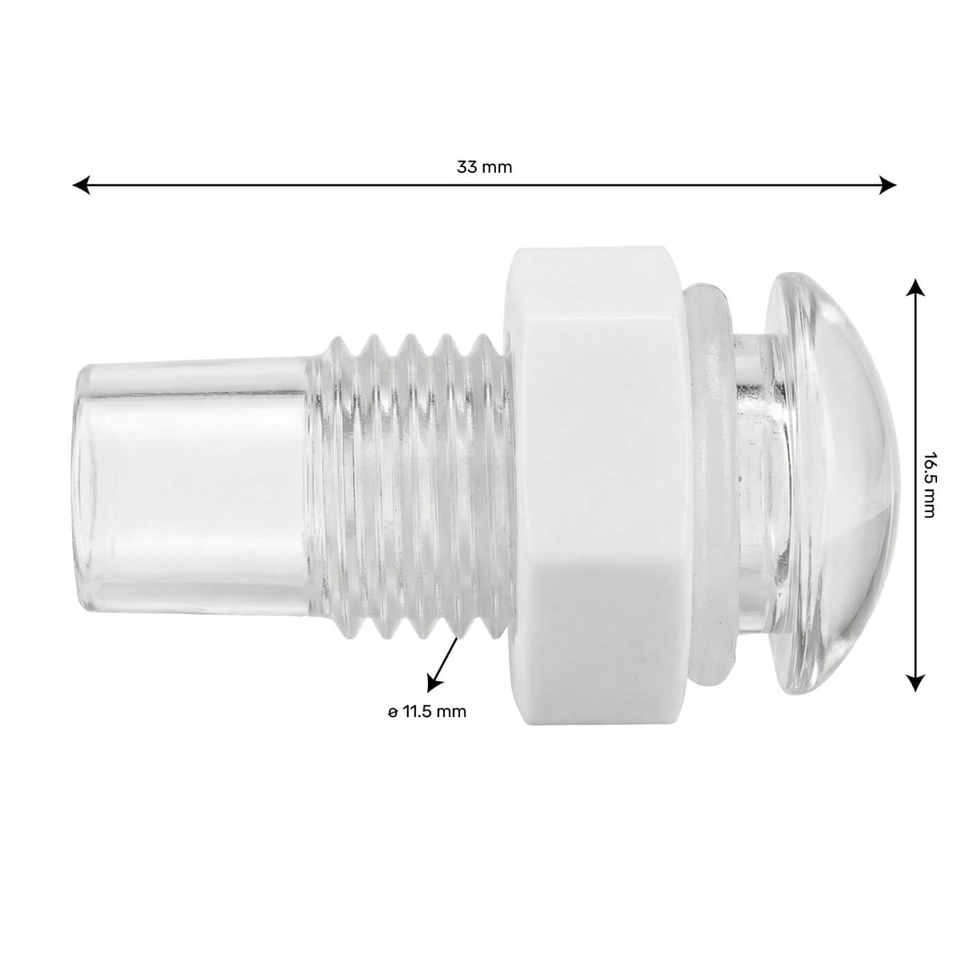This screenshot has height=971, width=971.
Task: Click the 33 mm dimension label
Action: click(x=484, y=167)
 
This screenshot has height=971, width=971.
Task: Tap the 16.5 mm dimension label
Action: click(x=929, y=486)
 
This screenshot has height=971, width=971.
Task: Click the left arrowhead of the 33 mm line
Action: click(x=81, y=185)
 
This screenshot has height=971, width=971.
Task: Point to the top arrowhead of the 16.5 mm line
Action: click(x=916, y=288)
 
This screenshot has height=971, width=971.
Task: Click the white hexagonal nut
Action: click(x=596, y=486)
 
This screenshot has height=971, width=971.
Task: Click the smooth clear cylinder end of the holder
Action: click(x=194, y=486)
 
